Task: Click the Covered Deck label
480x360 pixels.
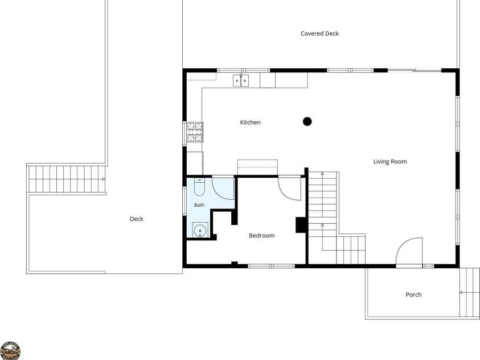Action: (x=319, y=34)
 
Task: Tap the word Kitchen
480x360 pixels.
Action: (x=250, y=122)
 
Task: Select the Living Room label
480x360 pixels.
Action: (x=390, y=162)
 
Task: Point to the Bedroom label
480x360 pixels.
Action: (x=261, y=235)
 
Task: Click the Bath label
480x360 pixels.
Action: (x=199, y=205)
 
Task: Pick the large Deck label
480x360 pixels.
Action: (x=137, y=219)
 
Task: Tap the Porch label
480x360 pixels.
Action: (x=413, y=295)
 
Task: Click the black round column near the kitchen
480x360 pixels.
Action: (x=307, y=121)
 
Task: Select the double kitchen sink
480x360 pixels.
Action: (x=241, y=80)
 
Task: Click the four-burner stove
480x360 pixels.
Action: (x=195, y=132)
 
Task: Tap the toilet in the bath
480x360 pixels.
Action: (x=199, y=187)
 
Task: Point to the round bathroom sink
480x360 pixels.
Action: (x=200, y=230)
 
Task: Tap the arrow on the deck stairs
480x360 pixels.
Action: (x=103, y=179)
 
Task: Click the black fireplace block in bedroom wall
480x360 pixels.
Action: (x=301, y=225)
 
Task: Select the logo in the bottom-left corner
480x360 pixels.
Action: (x=10, y=351)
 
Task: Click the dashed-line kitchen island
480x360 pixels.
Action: (x=257, y=167)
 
